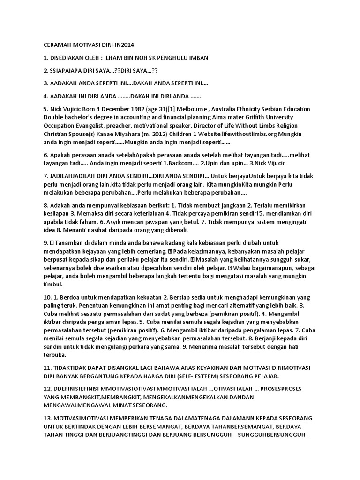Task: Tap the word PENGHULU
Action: click(174, 58)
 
